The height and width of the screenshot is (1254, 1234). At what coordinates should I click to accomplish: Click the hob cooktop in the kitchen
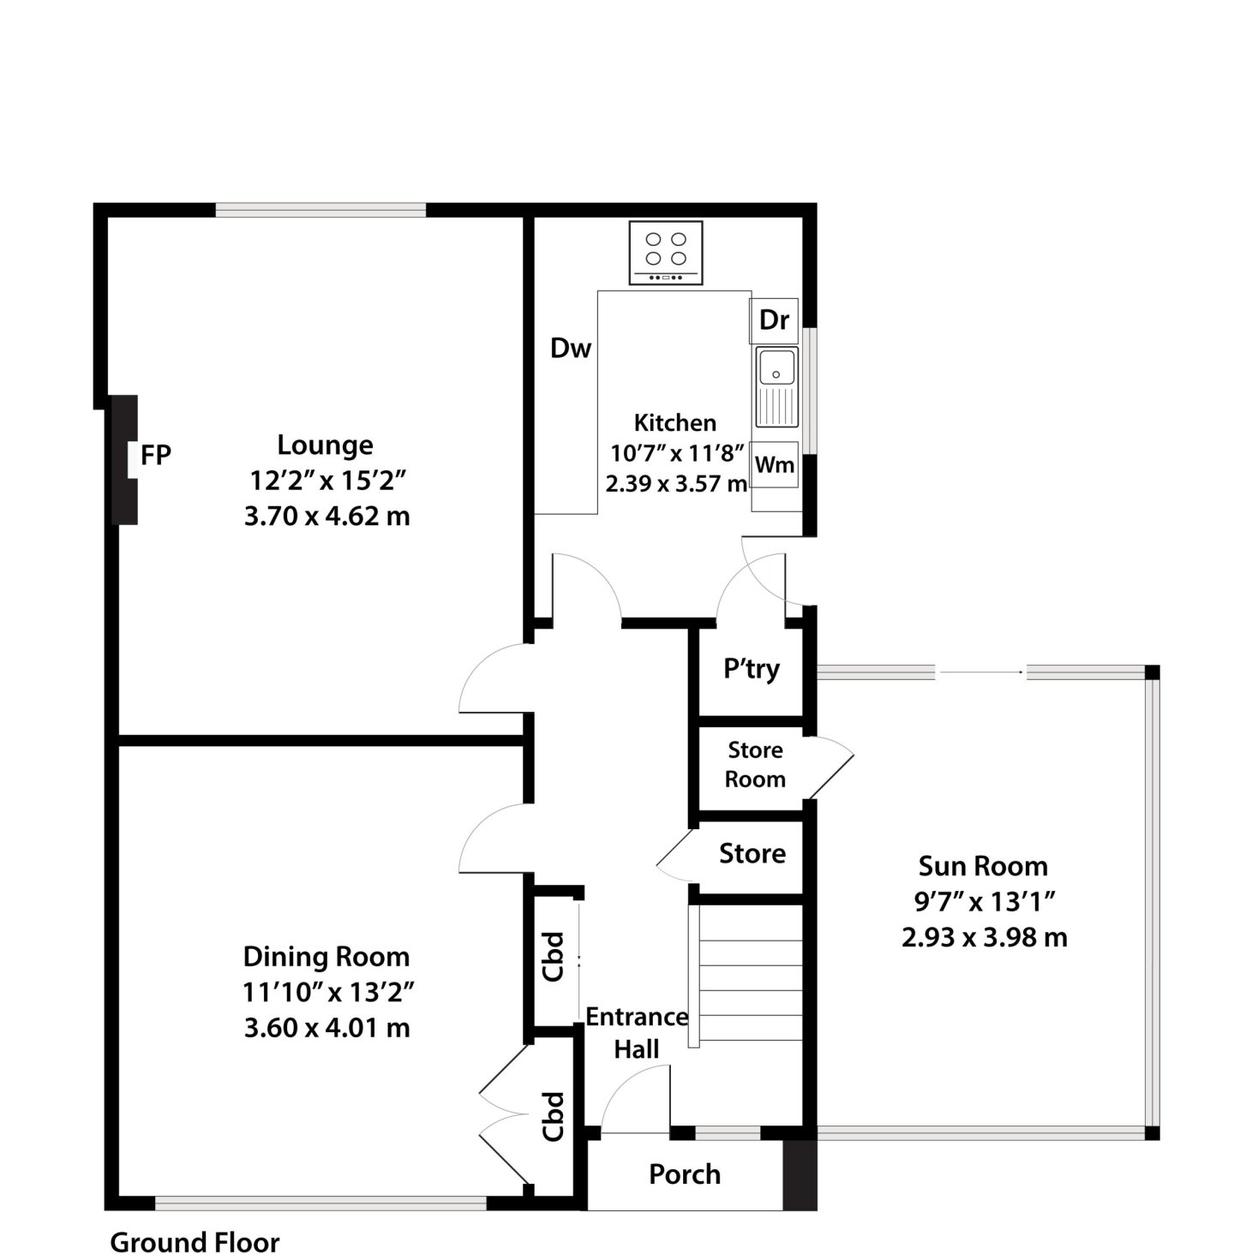pos(666,253)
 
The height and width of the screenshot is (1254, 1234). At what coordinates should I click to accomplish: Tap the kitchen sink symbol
pos(776,387)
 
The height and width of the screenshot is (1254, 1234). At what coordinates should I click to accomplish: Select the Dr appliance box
pos(774,321)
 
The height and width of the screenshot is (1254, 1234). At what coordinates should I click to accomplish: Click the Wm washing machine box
pos(775,464)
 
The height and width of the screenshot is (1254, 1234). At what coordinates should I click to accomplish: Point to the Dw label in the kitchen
pos(571,349)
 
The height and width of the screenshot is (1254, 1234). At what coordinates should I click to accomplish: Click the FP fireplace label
pos(156,455)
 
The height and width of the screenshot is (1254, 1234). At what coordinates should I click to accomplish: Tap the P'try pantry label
pos(752,668)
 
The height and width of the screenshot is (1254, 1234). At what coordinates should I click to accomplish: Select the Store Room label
pos(755,764)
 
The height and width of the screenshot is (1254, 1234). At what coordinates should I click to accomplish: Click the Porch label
pos(685,1174)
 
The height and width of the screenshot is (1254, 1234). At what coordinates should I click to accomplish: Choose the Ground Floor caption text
pos(195,1242)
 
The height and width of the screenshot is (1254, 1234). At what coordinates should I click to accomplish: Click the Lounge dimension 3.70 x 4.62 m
pos(326,516)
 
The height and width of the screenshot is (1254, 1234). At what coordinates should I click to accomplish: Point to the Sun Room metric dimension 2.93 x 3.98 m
pos(984,937)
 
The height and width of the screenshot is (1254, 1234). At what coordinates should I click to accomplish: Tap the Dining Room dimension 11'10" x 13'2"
pos(328,993)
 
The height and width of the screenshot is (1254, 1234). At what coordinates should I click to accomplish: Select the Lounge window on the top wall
pos(320,210)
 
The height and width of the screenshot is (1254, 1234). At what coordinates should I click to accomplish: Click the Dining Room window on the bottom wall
pos(320,1203)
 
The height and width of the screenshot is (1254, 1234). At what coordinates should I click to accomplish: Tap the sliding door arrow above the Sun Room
pos(980,672)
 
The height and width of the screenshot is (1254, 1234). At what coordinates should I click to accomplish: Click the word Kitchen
pos(674,423)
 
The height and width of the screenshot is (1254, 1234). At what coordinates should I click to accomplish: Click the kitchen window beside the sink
pos(810,391)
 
